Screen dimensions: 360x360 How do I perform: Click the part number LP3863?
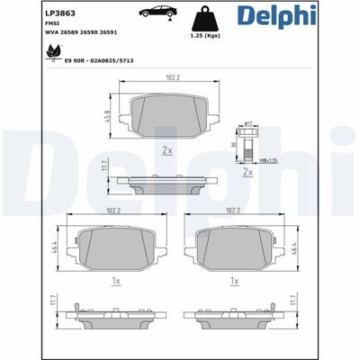(x=28, y=12)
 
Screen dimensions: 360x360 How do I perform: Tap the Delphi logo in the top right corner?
(x=320, y=15)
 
